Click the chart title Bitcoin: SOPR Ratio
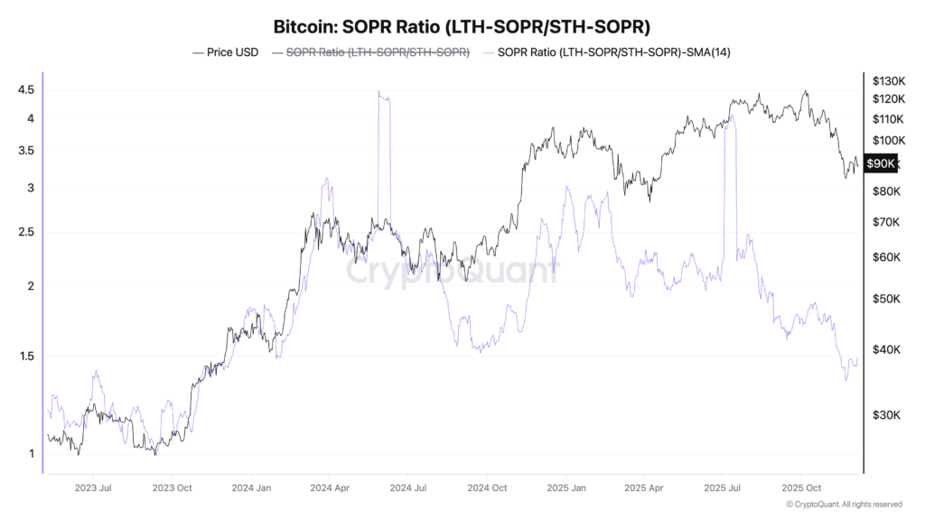[462, 26]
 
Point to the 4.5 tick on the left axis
[25, 89]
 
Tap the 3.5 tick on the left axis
[25, 151]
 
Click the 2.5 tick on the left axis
[25, 232]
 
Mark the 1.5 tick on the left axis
[25, 356]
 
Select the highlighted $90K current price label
[881, 163]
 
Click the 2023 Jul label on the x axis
[93, 487]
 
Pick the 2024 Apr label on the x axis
[330, 487]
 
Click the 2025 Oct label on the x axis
[800, 487]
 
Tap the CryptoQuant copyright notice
[844, 505]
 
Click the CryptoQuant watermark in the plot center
[452, 268]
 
